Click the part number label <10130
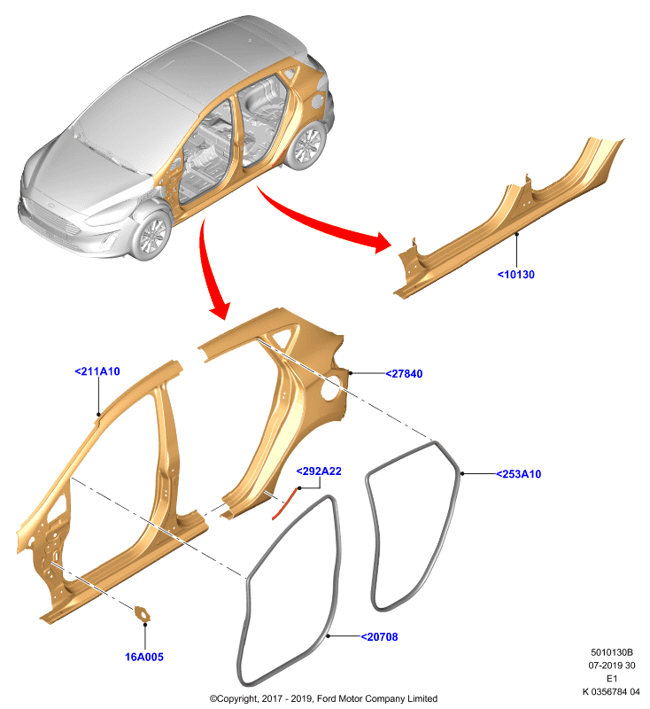pyautogui.click(x=516, y=275)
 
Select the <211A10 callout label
pyautogui.click(x=97, y=371)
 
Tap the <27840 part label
pyautogui.click(x=404, y=373)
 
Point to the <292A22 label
pyautogui.click(x=319, y=471)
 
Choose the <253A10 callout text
pyautogui.click(x=519, y=474)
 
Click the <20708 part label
pyautogui.click(x=379, y=636)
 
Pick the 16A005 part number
pyautogui.click(x=144, y=657)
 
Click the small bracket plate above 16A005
pyautogui.click(x=143, y=613)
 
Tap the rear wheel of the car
pyautogui.click(x=307, y=144)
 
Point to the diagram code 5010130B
pyautogui.click(x=612, y=652)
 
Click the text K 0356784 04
pyautogui.click(x=611, y=691)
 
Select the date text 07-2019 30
pyautogui.click(x=612, y=666)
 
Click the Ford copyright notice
pyautogui.click(x=323, y=698)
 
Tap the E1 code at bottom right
pyautogui.click(x=612, y=678)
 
